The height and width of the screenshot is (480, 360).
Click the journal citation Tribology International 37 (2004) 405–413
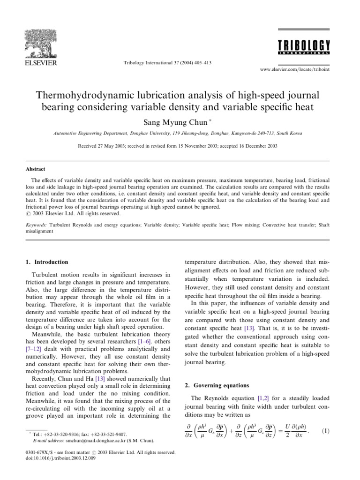point(167,63)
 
